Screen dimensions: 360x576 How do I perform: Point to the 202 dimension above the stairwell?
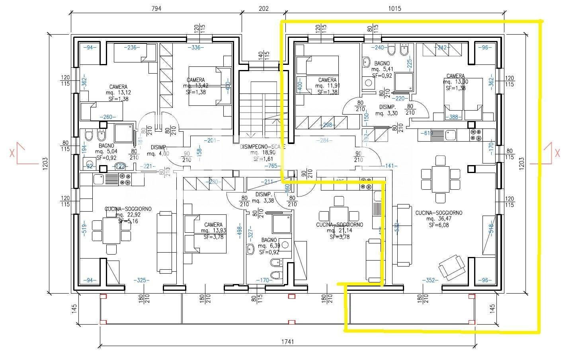point(263,9)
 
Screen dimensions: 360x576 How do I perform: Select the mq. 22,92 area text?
point(128,215)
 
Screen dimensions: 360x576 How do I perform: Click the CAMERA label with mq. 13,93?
point(213,225)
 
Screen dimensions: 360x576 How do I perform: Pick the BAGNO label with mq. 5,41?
point(382,63)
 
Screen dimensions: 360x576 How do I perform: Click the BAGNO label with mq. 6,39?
point(269,240)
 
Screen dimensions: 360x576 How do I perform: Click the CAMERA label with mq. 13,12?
point(118,87)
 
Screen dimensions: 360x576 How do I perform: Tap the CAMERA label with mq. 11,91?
point(327,80)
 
